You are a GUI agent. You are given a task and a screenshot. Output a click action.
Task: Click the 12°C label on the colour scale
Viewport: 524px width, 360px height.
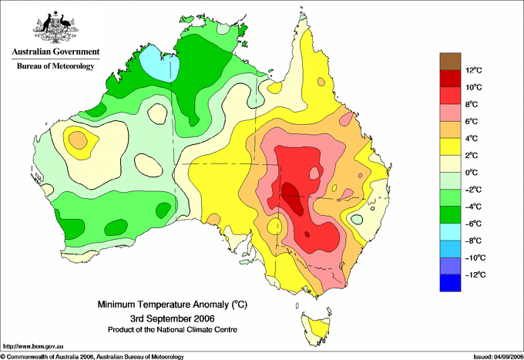[x=474, y=70]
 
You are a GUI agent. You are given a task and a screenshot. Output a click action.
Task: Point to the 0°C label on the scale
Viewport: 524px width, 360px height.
[x=472, y=173]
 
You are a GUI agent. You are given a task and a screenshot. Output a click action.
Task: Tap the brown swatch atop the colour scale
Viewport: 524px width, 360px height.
[x=450, y=61]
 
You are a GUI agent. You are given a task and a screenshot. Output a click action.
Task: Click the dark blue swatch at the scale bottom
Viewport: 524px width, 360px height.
[x=450, y=283]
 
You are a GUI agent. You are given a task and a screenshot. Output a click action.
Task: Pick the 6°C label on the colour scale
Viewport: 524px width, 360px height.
[x=472, y=121]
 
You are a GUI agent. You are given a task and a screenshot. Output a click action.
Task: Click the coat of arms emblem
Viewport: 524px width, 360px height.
[x=55, y=27]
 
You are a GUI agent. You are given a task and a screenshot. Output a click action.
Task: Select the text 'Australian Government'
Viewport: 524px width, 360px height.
[x=55, y=52]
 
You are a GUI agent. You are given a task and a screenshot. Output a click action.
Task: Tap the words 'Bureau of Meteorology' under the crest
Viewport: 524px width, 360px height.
[x=55, y=66]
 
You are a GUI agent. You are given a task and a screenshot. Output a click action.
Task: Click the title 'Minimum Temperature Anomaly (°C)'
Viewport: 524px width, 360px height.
[x=173, y=304]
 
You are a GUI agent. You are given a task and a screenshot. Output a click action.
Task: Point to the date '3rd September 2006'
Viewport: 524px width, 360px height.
[x=173, y=318]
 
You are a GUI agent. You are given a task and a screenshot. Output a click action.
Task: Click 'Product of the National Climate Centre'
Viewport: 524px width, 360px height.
[x=173, y=330]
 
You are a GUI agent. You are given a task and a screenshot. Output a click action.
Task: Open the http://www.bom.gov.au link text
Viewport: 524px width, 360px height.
[x=33, y=347]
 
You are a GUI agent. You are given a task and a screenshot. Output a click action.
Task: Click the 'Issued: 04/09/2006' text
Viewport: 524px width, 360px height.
[x=499, y=357]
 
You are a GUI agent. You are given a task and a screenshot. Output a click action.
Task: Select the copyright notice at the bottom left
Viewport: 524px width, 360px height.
[x=92, y=357]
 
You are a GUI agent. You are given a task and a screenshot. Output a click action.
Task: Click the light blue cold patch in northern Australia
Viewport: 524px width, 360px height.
[x=160, y=63]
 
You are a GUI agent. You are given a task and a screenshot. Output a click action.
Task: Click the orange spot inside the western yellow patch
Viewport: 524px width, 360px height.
[x=78, y=140]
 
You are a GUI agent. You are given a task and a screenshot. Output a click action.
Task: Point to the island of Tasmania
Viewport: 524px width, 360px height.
[x=317, y=328]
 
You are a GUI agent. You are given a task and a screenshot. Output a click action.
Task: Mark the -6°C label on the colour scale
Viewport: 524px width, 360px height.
[x=473, y=224]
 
